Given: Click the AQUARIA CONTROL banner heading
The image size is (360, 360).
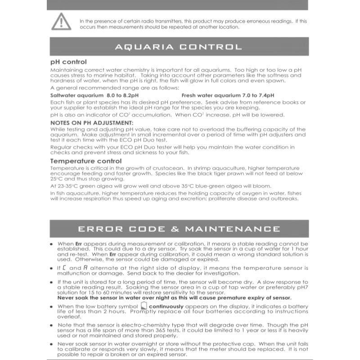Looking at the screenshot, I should pos(179,47).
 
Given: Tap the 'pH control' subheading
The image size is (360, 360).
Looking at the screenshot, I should pos(68,62).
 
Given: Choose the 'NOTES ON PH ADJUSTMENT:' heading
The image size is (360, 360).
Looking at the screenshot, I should pos(85,122).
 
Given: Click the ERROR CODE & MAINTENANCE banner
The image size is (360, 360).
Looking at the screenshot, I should pos(179,229).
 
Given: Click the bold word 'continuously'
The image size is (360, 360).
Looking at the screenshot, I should pos(166,306).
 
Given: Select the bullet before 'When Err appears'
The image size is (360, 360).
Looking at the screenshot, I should pos(52,243).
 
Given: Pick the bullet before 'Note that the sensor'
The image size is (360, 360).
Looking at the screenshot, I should pos(52,325).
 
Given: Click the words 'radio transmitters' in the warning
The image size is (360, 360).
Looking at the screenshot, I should pos(169,21).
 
